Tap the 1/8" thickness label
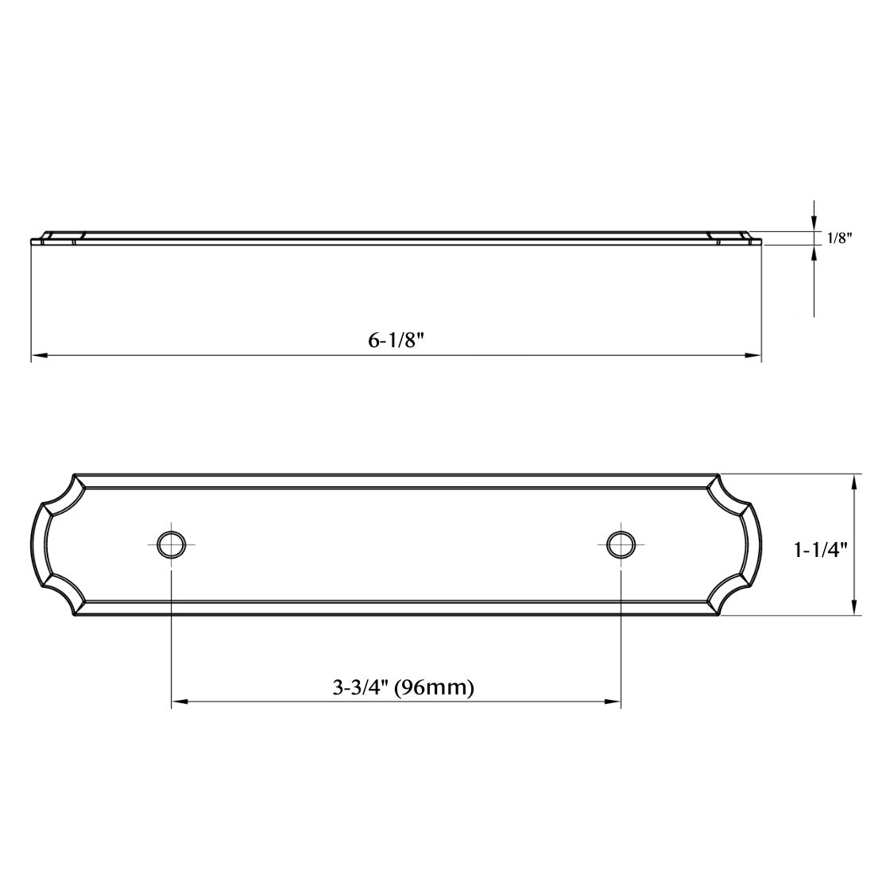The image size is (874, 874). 839,238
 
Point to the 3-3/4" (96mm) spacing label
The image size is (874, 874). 404,687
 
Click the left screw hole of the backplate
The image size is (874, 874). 170,544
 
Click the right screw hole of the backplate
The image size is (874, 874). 621,543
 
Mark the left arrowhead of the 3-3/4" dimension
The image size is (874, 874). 178,702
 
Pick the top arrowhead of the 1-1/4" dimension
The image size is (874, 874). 854,481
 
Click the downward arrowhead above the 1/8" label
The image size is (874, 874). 814,225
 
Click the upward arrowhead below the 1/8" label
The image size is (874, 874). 814,253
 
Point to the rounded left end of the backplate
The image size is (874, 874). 40,545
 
